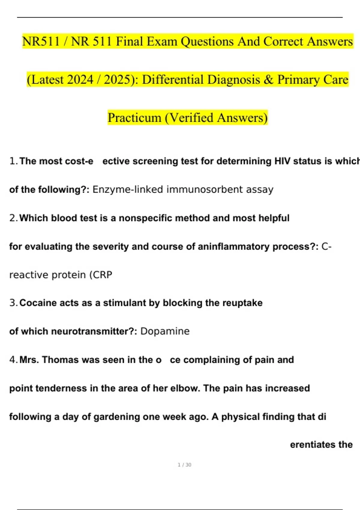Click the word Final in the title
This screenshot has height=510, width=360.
(x=130, y=41)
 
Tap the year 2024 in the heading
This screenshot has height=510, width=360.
(x=80, y=80)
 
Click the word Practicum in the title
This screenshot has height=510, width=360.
(x=134, y=118)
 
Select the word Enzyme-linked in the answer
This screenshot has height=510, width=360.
(x=127, y=190)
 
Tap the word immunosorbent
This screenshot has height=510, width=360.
(x=205, y=190)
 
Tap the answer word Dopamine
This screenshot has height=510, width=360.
(x=165, y=331)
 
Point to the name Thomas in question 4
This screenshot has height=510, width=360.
(x=60, y=360)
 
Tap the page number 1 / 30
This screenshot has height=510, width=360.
(x=184, y=465)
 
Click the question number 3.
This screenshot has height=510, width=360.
(x=13, y=303)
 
